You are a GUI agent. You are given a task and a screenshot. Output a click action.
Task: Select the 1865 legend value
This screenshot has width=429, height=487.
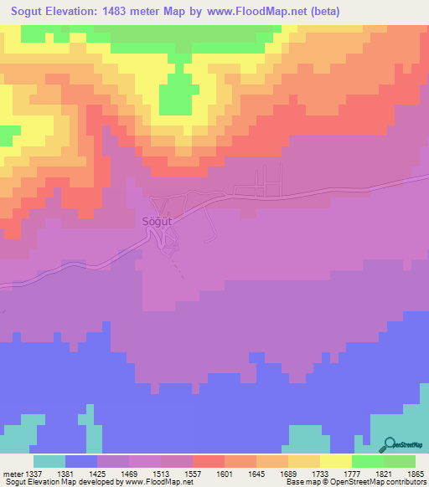click(415, 473)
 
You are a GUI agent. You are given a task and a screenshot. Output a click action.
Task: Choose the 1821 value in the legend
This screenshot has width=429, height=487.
click(383, 473)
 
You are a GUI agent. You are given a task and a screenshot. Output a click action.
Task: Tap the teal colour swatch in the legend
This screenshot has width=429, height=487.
click(49, 461)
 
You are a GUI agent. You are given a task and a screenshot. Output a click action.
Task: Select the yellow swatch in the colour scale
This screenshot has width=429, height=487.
click(335, 461)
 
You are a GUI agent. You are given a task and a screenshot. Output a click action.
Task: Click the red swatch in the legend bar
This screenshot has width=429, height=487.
click(208, 461)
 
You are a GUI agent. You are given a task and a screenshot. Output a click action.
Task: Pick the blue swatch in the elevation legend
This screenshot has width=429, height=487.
click(81, 461)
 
